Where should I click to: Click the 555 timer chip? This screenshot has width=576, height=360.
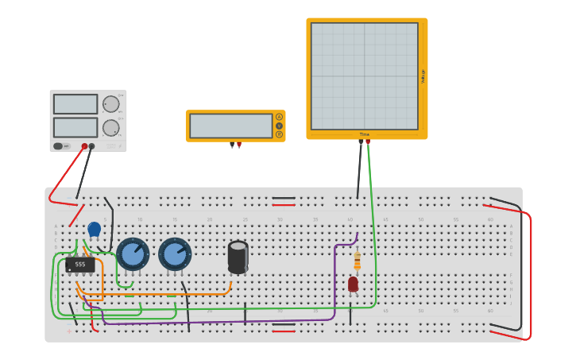pyautogui.click(x=80, y=264)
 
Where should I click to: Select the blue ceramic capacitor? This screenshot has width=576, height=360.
pyautogui.click(x=94, y=229)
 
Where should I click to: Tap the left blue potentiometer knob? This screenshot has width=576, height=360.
pyautogui.click(x=133, y=254)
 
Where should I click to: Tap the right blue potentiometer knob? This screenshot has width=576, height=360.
pyautogui.click(x=175, y=254)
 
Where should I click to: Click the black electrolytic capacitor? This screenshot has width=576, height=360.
pyautogui.click(x=238, y=256)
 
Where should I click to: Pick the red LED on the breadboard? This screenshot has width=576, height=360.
pyautogui.click(x=353, y=284)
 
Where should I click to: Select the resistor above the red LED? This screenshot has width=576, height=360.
pyautogui.click(x=357, y=261)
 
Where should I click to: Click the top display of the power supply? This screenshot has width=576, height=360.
pyautogui.click(x=75, y=104)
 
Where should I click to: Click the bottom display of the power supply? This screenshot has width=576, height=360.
pyautogui.click(x=75, y=127)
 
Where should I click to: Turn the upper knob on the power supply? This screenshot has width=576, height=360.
pyautogui.click(x=110, y=104)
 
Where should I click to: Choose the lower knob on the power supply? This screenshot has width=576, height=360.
pyautogui.click(x=110, y=127)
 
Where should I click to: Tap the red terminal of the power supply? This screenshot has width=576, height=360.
pyautogui.click(x=84, y=146)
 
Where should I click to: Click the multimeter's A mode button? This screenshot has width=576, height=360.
pyautogui.click(x=279, y=117)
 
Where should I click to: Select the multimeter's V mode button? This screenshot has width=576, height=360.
pyautogui.click(x=279, y=126)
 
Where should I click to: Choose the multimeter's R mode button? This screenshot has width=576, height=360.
pyautogui.click(x=279, y=134)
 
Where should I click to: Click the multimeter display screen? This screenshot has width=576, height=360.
pyautogui.click(x=230, y=126)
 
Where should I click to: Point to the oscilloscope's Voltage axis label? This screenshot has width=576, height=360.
pyautogui.click(x=423, y=76)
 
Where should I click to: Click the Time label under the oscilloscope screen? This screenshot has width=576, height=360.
pyautogui.click(x=364, y=134)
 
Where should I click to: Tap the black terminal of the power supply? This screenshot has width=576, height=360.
pyautogui.click(x=92, y=146)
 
